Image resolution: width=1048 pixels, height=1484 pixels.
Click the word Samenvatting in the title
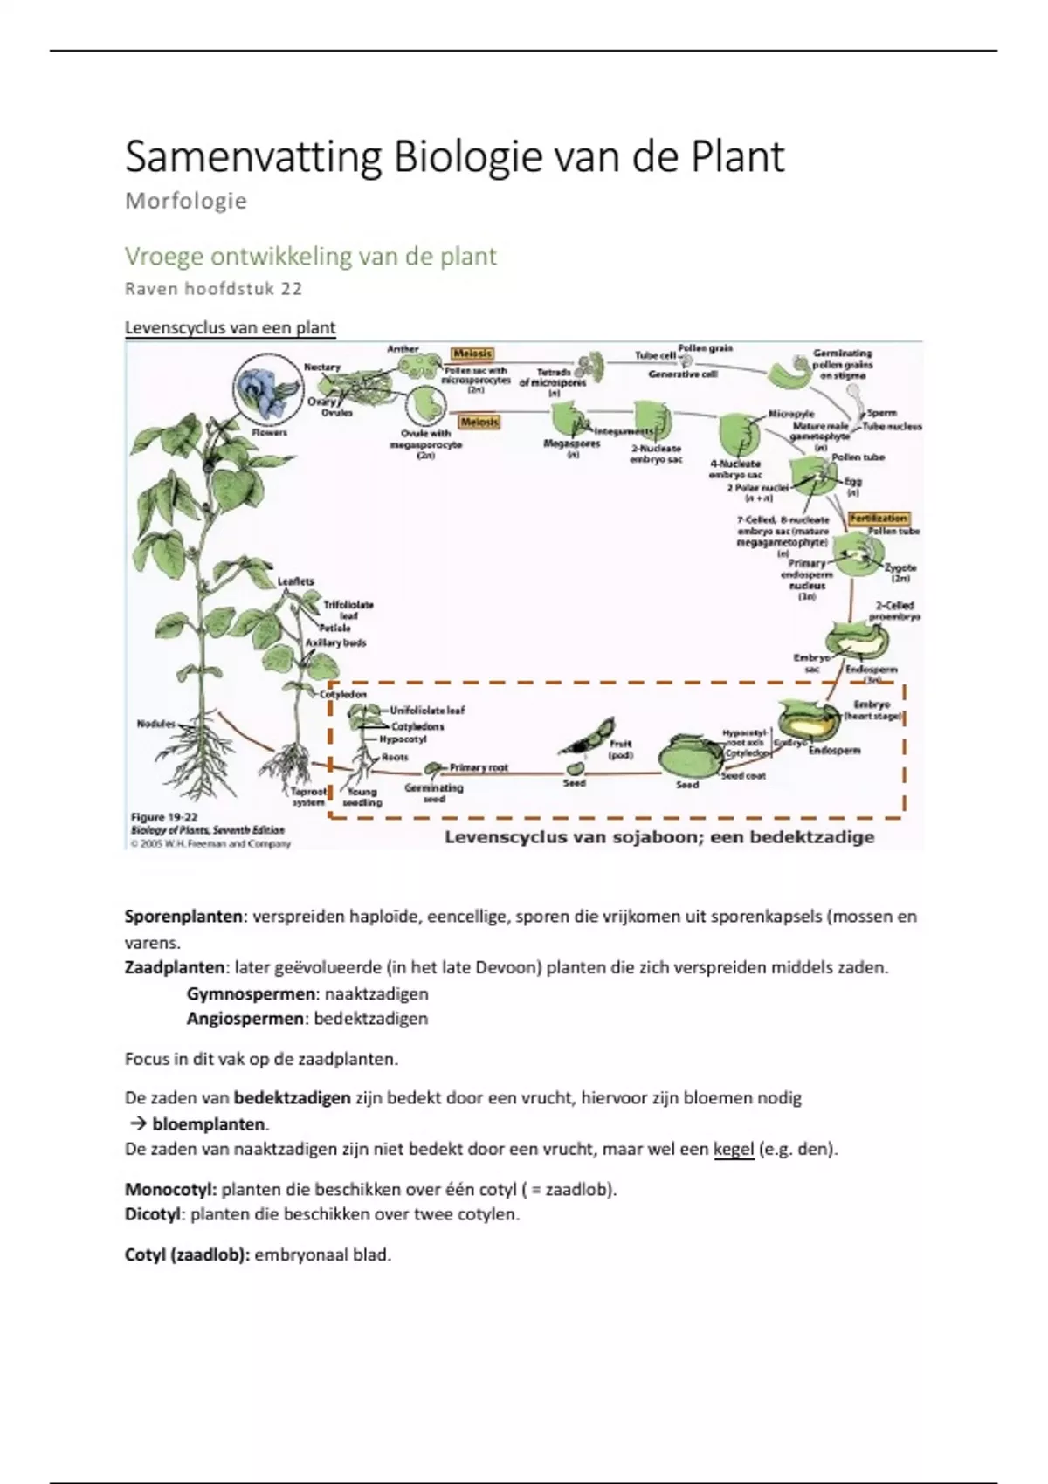pyautogui.click(x=253, y=158)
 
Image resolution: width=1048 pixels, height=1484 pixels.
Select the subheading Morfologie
pyautogui.click(x=186, y=202)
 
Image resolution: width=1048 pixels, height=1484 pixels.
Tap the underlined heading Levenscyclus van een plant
pyautogui.click(x=230, y=328)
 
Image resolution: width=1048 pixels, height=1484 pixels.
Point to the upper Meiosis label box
pyautogui.click(x=472, y=354)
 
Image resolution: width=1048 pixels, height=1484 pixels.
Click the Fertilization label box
pyautogui.click(x=879, y=518)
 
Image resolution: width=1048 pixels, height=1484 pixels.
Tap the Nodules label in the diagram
pyautogui.click(x=155, y=724)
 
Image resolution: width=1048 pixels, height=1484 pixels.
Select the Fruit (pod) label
pyautogui.click(x=620, y=749)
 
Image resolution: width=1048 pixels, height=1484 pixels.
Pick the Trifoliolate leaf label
pyautogui.click(x=348, y=609)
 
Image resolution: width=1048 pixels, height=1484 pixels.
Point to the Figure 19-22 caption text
pyautogui.click(x=164, y=817)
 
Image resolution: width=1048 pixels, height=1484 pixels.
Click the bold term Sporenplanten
pyautogui.click(x=183, y=917)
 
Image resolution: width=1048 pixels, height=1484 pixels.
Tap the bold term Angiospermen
pyautogui.click(x=245, y=1019)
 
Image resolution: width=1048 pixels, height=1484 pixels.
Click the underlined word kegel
pyautogui.click(x=733, y=1149)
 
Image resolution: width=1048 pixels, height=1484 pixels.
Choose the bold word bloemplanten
pyautogui.click(x=209, y=1123)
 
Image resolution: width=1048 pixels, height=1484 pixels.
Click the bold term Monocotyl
pyautogui.click(x=169, y=1189)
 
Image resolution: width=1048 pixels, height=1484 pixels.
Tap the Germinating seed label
pyautogui.click(x=433, y=793)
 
